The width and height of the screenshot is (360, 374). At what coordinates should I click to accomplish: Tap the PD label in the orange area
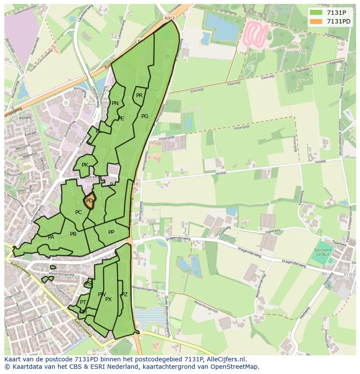tap(90, 201)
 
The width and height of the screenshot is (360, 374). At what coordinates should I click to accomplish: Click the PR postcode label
tap(139, 96)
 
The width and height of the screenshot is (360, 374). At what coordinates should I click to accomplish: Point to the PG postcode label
tap(145, 116)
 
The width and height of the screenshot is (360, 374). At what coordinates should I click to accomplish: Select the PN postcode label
tap(115, 103)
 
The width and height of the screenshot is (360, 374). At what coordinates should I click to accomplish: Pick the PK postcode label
tap(85, 165)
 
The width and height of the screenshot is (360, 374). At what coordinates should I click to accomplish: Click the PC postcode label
tap(78, 212)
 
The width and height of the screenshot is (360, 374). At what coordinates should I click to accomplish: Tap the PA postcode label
tap(51, 237)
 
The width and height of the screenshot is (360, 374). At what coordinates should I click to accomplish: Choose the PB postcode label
tap(73, 234)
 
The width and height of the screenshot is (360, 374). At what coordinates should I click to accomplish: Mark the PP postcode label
tap(111, 232)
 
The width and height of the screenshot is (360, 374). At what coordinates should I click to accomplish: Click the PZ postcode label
tap(124, 295)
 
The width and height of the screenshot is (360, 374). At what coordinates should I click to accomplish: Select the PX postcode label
tap(109, 299)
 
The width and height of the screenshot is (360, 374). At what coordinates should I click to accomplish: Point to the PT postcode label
tap(83, 302)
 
